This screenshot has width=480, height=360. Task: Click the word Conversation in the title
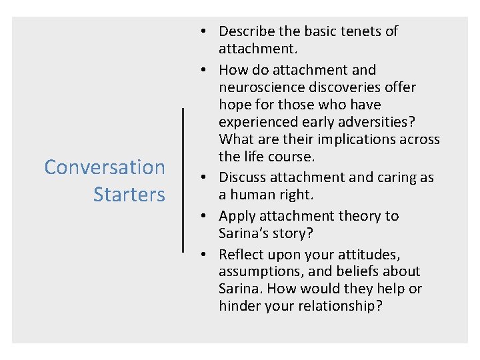point(105,167)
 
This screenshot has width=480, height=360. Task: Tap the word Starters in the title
point(129,195)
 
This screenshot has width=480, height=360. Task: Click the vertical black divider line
point(183,180)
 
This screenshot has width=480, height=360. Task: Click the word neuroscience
point(261,87)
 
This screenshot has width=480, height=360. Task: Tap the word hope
point(234,105)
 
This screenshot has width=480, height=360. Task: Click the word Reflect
point(240,255)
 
